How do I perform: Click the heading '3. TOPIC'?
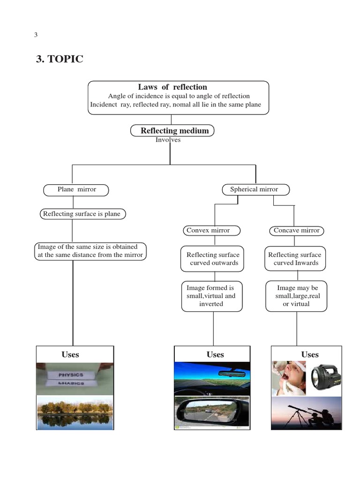tap(60, 60)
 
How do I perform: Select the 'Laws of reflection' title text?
tap(172, 87)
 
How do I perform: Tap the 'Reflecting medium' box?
tap(172, 131)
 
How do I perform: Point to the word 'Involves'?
tap(168, 140)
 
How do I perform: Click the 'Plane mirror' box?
tap(76, 190)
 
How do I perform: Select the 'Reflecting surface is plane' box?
tap(82, 214)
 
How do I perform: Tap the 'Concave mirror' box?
tap(297, 231)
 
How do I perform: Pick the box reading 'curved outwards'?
tap(212, 259)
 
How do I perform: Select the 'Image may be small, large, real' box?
tap(296, 296)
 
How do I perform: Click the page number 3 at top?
tap(36, 35)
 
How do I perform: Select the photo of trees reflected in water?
tap(75, 412)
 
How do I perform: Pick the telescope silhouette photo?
tap(306, 412)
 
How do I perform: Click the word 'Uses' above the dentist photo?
tap(310, 355)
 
